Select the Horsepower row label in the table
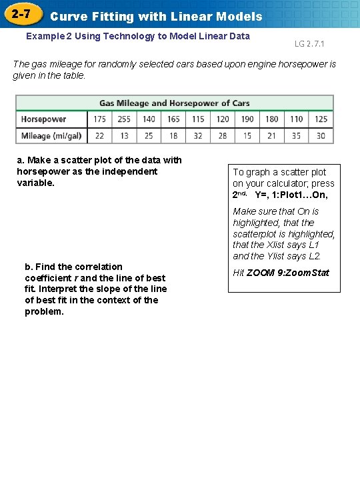click(44, 119)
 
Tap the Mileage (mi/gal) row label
click(51, 136)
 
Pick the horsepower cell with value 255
click(124, 119)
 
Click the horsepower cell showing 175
click(99, 119)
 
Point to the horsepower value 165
click(173, 119)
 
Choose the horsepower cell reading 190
click(247, 119)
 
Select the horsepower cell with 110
click(296, 119)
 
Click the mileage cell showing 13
click(124, 136)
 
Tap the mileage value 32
click(198, 136)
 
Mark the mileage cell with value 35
click(296, 136)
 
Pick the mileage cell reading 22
click(99, 136)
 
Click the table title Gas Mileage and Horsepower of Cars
click(175, 103)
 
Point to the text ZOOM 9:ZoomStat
click(288, 273)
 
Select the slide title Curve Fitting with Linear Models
click(157, 16)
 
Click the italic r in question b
click(75, 278)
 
